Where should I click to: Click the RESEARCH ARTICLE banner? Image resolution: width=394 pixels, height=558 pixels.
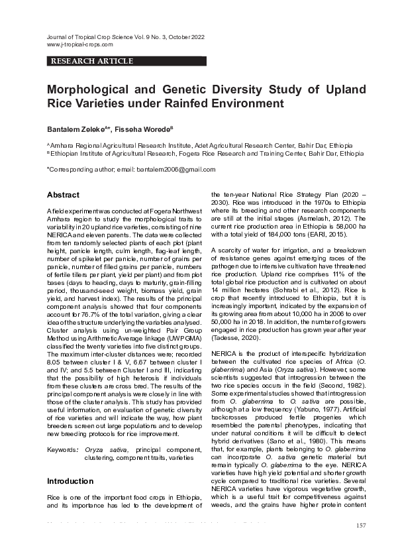pyautogui.click(x=91, y=61)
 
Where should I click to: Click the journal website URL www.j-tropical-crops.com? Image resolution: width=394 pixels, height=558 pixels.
pyautogui.click(x=79, y=44)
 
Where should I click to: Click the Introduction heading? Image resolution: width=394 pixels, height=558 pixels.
pyautogui.click(x=69, y=480)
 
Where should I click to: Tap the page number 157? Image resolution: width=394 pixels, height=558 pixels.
pyautogui.click(x=361, y=526)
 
